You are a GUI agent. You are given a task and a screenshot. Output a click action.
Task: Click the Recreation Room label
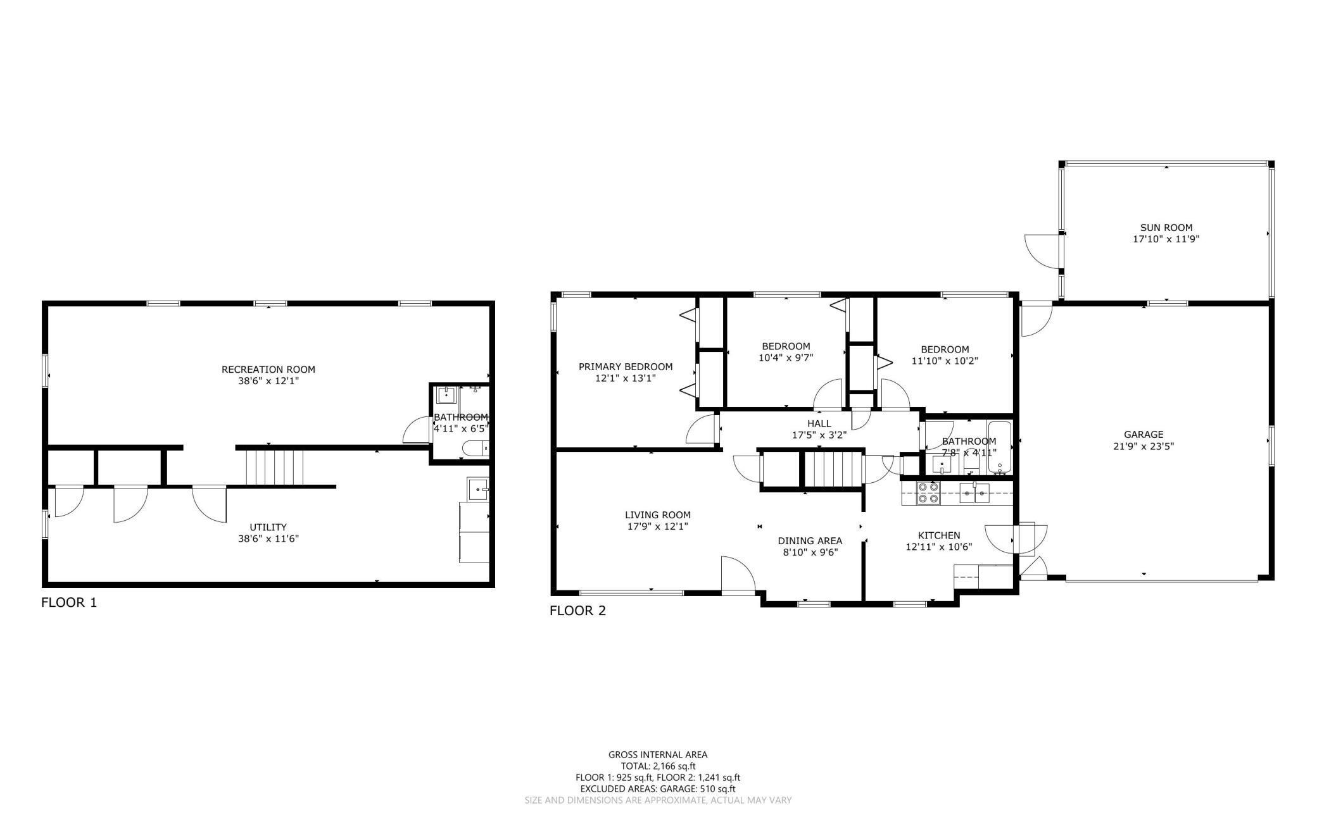(x=268, y=370)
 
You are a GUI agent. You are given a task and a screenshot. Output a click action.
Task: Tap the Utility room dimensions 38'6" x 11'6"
(x=268, y=539)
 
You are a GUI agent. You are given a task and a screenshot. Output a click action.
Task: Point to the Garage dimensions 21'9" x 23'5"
(x=1144, y=446)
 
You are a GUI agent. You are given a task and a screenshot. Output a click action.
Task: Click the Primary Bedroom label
(x=626, y=367)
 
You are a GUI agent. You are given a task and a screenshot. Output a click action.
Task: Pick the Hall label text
(x=819, y=424)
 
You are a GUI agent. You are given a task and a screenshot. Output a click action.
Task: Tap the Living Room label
(x=657, y=515)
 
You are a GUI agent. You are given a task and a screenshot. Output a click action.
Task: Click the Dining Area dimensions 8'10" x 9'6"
(x=810, y=552)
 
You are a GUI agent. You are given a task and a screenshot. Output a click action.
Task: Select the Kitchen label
(x=939, y=536)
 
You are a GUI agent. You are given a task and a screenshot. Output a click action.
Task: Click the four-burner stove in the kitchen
(x=928, y=493)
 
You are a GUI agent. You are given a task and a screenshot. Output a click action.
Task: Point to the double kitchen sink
(x=974, y=492)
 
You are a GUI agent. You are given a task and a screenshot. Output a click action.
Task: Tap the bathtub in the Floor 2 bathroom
(x=1000, y=447)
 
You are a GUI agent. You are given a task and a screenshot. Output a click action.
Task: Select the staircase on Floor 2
(x=833, y=470)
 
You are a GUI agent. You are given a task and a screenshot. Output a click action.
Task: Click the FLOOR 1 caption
(x=69, y=603)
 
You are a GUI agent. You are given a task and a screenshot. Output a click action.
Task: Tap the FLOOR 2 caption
(x=577, y=611)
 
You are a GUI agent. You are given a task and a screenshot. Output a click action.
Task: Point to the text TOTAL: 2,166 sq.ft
(x=658, y=766)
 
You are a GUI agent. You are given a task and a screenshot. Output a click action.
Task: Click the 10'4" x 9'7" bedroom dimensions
(x=786, y=358)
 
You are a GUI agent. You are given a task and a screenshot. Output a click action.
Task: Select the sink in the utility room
(x=478, y=489)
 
